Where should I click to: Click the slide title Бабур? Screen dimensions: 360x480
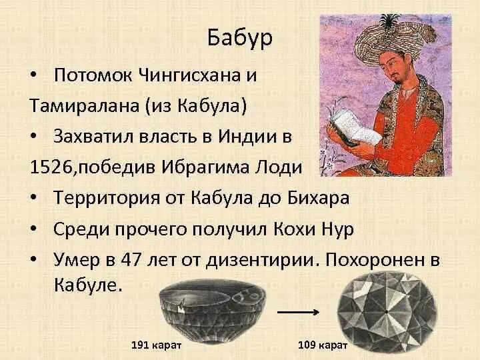click(239, 38)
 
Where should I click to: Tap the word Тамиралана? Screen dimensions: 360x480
click(82, 105)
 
